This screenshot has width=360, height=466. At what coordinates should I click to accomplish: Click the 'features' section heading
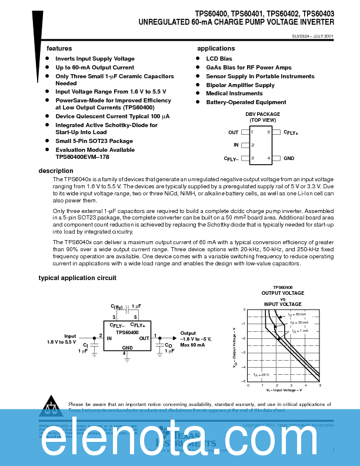[x=59, y=48]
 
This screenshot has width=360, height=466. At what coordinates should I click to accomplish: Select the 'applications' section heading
[x=216, y=48]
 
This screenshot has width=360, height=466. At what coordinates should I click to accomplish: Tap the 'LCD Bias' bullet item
[x=219, y=59]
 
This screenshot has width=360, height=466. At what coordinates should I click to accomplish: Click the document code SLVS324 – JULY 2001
[x=312, y=36]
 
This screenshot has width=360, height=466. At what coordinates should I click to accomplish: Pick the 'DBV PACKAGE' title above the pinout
[x=262, y=114]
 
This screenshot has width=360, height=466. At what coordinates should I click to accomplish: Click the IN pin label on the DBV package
[x=236, y=145]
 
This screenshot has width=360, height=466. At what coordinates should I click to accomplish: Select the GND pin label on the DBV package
[x=289, y=158]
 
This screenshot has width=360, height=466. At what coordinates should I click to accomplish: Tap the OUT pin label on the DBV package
[x=234, y=132]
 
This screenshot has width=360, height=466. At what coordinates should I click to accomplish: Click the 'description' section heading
[x=56, y=171]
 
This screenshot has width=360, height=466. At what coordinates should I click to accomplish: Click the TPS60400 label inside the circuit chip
[x=127, y=332]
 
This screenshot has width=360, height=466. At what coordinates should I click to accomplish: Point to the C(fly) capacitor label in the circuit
[x=116, y=307]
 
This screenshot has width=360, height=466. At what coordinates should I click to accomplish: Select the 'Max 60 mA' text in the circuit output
[x=192, y=345]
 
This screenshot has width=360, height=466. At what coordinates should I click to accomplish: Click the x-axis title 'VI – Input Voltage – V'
[x=284, y=391]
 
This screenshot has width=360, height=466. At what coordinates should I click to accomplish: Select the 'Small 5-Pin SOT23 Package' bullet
[x=94, y=141]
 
